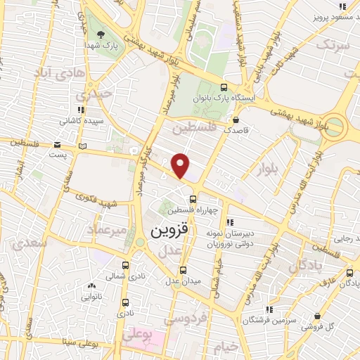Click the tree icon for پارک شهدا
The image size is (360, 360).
point(101,34)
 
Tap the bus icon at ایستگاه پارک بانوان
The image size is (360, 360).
point(224,88)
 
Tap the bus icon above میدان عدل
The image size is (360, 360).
point(182,269)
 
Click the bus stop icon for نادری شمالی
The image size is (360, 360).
point(125,265)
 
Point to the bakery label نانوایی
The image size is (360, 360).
point(91,297)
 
